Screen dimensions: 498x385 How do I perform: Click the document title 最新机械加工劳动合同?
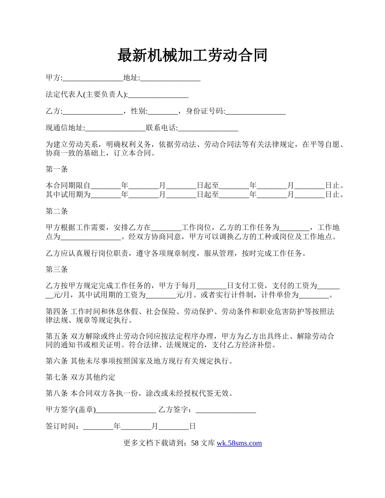point(192,55)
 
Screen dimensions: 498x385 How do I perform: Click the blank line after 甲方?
point(93,78)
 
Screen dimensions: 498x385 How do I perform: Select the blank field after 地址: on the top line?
point(170,78)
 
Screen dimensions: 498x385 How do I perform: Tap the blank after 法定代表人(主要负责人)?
point(158,95)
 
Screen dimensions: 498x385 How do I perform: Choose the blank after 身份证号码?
point(255,111)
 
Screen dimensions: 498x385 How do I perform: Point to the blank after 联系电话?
point(208,128)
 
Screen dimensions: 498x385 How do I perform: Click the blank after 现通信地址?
point(115,128)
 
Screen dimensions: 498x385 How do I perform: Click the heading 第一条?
point(57,169)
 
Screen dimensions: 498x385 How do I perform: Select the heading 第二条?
point(57,211)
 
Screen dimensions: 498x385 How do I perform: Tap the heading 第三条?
point(57,269)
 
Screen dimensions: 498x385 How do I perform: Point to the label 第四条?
point(57,311)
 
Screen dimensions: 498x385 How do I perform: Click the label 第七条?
point(57,377)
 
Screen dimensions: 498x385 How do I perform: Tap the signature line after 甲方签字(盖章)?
point(126,410)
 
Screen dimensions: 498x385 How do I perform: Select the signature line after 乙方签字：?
point(226,410)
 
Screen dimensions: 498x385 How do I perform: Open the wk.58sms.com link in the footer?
point(239,443)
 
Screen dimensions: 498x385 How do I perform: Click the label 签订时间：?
point(64,426)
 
